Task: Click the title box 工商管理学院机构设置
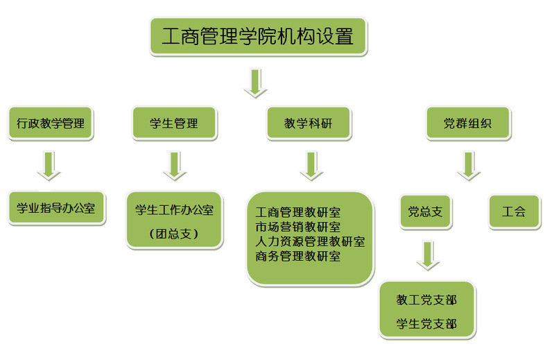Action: pos(258,36)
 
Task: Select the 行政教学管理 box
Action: pos(51,124)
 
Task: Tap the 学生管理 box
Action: pos(174,124)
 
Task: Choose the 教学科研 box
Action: pos(309,124)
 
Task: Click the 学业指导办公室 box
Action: pos(56,207)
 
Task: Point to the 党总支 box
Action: pos(425,212)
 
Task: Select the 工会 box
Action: pos(514,212)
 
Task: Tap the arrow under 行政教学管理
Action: pos(49,166)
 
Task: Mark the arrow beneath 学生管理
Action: pos(174,166)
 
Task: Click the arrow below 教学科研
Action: pos(310,166)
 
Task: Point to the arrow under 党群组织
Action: pos(469,166)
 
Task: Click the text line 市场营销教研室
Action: pos(298,227)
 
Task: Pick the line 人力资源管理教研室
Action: pos(310,241)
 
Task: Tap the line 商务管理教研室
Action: pos(298,256)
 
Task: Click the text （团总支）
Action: pos(174,234)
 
